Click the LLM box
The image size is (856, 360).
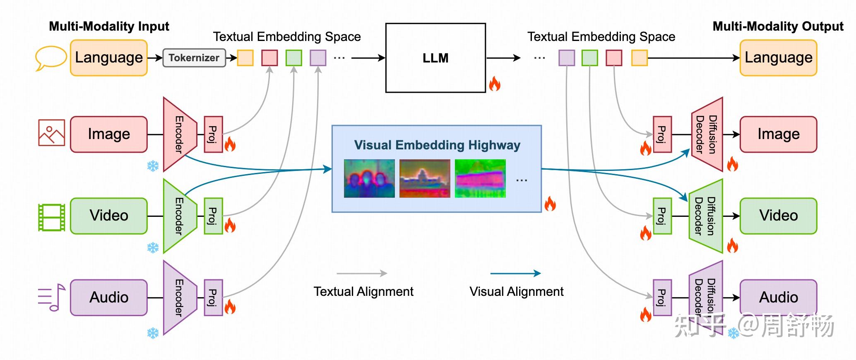click(x=435, y=58)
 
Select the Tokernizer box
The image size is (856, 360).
click(x=194, y=58)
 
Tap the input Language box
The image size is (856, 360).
click(x=109, y=58)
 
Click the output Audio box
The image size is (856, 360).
click(x=778, y=297)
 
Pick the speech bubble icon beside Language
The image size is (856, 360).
click(x=50, y=58)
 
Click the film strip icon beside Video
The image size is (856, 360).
click(x=51, y=217)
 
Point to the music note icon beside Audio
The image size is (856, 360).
click(x=52, y=297)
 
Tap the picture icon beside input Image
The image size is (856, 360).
click(x=51, y=133)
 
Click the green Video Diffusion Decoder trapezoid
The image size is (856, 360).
click(x=706, y=216)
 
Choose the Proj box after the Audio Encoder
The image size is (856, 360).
click(x=213, y=298)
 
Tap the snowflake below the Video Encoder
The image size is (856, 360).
click(x=153, y=248)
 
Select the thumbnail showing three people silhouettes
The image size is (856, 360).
click(x=369, y=178)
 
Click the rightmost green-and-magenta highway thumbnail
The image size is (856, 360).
click(x=480, y=178)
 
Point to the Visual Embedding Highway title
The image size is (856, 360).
click(x=437, y=145)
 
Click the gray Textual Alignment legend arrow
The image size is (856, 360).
click(x=362, y=273)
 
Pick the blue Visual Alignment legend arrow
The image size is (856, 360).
click(x=515, y=273)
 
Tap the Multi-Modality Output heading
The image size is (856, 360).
click(x=777, y=26)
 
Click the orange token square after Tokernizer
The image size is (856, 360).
click(x=245, y=58)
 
